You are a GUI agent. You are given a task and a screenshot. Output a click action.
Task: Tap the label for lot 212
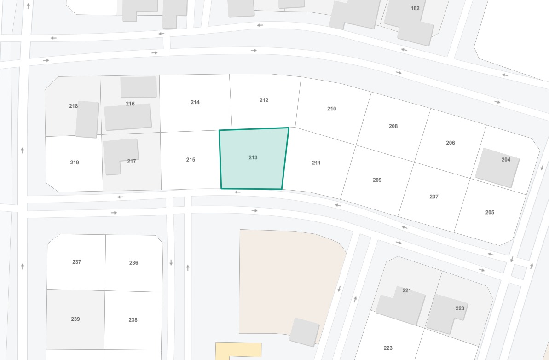[x=264, y=100]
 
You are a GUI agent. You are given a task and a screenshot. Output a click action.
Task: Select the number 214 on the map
[x=195, y=102]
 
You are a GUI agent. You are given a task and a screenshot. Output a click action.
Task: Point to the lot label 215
[x=191, y=160]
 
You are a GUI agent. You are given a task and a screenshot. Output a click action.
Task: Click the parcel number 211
[x=316, y=163]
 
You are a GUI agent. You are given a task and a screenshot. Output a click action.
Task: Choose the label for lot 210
[x=331, y=109]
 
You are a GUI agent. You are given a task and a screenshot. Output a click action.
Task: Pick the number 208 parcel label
[x=393, y=126]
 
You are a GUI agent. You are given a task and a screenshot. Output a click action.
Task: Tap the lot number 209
[x=377, y=180]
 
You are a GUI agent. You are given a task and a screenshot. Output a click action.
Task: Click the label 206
[x=451, y=143]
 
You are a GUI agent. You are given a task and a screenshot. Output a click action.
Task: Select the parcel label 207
[x=434, y=197]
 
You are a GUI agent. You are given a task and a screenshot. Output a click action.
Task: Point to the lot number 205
[x=490, y=213]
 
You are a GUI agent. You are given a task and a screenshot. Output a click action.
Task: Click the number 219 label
[x=75, y=163]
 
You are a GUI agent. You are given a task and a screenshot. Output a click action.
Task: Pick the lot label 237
[x=76, y=262]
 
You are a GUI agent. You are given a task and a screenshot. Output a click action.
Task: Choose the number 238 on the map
[x=133, y=320]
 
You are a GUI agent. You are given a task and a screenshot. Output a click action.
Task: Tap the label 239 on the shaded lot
[x=75, y=319]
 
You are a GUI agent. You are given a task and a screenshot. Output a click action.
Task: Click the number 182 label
[x=415, y=8]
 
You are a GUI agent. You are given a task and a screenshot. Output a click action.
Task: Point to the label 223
[x=388, y=348]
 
